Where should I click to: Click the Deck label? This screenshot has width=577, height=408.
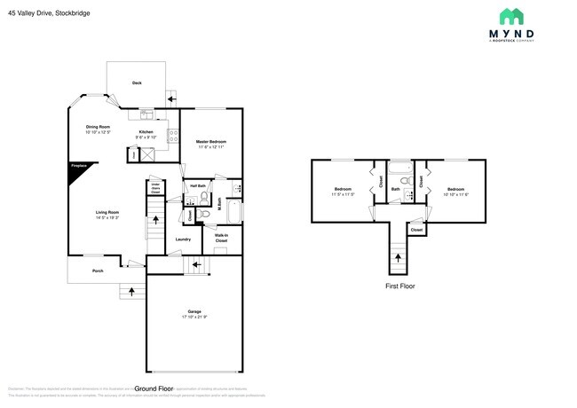coord(137,83)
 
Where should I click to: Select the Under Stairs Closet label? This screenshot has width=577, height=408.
coord(154,188)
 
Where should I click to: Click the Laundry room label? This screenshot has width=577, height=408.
coord(183,239)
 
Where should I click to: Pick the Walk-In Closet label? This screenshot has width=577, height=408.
coord(221,239)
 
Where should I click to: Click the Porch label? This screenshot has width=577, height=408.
coord(98,271)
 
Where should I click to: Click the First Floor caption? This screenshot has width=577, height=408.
coord(399,286)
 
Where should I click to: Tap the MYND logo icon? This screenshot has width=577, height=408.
coord(510,17)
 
